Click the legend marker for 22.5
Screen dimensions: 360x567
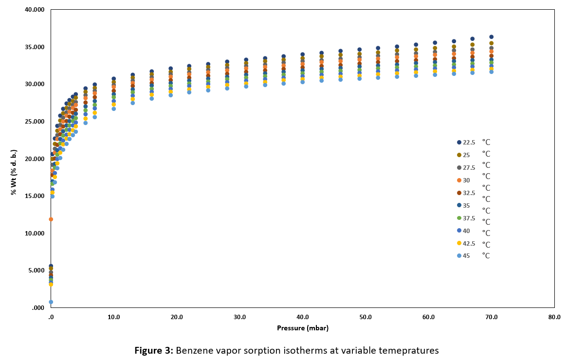(x=459, y=142)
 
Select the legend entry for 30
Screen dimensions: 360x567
(x=466, y=180)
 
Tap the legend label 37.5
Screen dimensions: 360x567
(x=469, y=218)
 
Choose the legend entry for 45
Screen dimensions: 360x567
(x=466, y=256)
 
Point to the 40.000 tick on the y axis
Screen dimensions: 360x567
(x=35, y=10)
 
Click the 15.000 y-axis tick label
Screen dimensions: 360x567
(x=35, y=196)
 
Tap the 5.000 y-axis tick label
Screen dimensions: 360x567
(x=37, y=270)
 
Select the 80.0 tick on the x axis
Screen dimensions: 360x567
(x=554, y=317)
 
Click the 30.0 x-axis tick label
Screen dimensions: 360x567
(x=239, y=317)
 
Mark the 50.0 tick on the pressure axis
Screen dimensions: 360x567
(x=366, y=317)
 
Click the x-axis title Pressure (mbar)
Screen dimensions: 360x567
(x=303, y=328)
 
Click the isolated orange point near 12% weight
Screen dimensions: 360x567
(x=51, y=219)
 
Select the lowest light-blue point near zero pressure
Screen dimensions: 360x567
(x=51, y=302)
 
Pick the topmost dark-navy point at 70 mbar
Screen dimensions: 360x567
(x=492, y=37)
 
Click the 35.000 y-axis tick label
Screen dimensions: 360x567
(x=35, y=47)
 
